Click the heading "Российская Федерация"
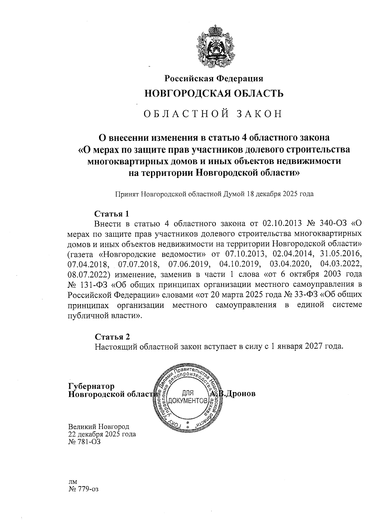tap(214, 78)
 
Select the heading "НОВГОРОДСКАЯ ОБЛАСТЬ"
tap(214, 93)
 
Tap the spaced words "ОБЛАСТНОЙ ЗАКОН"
tap(213, 114)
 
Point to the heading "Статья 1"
tap(112, 214)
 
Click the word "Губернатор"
tap(91, 386)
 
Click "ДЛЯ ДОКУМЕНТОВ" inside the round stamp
tap(188, 397)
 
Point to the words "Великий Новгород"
tap(99, 427)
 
